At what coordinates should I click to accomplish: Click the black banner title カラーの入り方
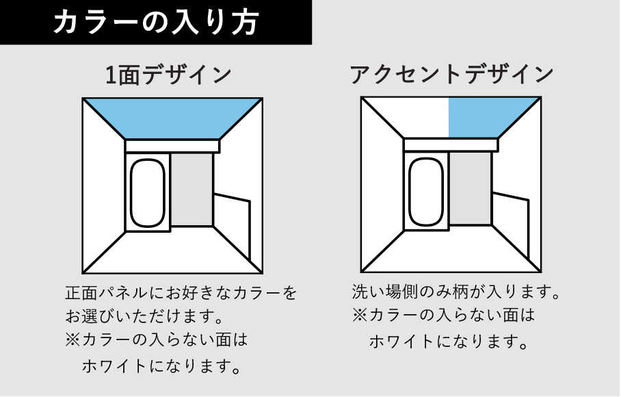[156, 21]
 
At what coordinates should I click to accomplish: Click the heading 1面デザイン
[168, 75]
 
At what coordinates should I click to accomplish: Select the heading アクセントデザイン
[451, 74]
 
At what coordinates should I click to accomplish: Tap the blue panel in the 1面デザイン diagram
[172, 118]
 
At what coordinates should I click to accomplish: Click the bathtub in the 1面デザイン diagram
[147, 193]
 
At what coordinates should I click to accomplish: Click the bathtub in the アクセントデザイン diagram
[426, 192]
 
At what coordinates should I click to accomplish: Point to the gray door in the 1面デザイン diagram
[192, 190]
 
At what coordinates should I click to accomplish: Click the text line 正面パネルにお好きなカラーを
[181, 293]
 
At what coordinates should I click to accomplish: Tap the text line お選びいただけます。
[144, 316]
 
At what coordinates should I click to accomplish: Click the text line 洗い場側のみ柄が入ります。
[456, 292]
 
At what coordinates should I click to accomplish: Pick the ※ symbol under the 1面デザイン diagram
[73, 340]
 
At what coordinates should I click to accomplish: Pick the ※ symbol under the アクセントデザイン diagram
[360, 316]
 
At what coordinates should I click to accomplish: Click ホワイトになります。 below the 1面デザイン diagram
[161, 366]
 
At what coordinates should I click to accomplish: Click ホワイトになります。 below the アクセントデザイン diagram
[449, 341]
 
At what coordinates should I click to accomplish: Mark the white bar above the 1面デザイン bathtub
[172, 146]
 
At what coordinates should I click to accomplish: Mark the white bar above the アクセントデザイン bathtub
[451, 145]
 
